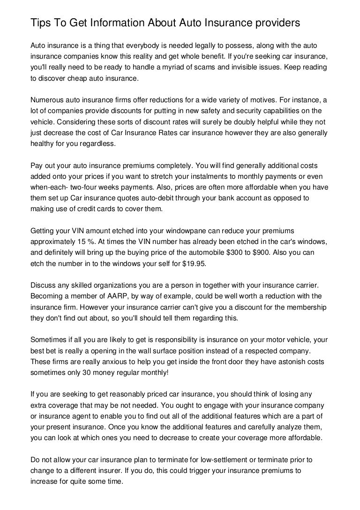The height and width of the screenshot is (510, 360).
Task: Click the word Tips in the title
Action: tap(40, 23)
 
